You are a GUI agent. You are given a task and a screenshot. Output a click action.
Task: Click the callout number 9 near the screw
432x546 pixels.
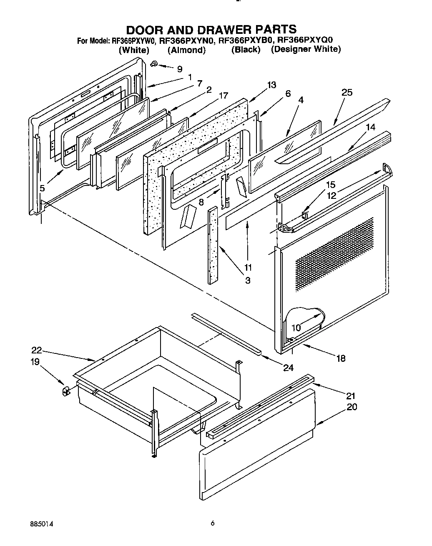coord(180,69)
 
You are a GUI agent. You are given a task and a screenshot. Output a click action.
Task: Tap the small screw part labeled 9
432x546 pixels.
coord(154,63)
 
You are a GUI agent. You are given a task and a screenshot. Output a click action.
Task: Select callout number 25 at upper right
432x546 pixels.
coord(347,92)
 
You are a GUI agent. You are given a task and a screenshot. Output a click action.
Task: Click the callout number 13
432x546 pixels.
coord(271,85)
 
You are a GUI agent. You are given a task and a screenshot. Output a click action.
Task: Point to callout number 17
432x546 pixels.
coord(223,96)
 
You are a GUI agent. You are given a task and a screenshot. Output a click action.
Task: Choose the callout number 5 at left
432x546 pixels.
coord(43,188)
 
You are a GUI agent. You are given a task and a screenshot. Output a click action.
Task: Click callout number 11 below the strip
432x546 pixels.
coord(248,267)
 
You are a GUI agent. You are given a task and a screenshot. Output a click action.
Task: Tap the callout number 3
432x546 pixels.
coord(248,280)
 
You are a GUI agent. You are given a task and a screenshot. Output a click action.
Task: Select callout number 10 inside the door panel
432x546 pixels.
coord(296,328)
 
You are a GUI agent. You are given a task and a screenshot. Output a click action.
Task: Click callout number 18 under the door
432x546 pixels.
coord(341,358)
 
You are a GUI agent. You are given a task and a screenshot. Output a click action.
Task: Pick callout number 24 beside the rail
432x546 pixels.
coord(288,368)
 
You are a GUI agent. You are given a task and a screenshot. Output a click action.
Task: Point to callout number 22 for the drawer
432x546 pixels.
coord(37,350)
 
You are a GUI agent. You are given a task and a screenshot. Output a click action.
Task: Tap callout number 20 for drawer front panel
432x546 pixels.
coord(352,406)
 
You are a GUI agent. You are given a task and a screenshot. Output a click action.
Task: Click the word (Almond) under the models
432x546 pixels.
coord(186,50)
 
